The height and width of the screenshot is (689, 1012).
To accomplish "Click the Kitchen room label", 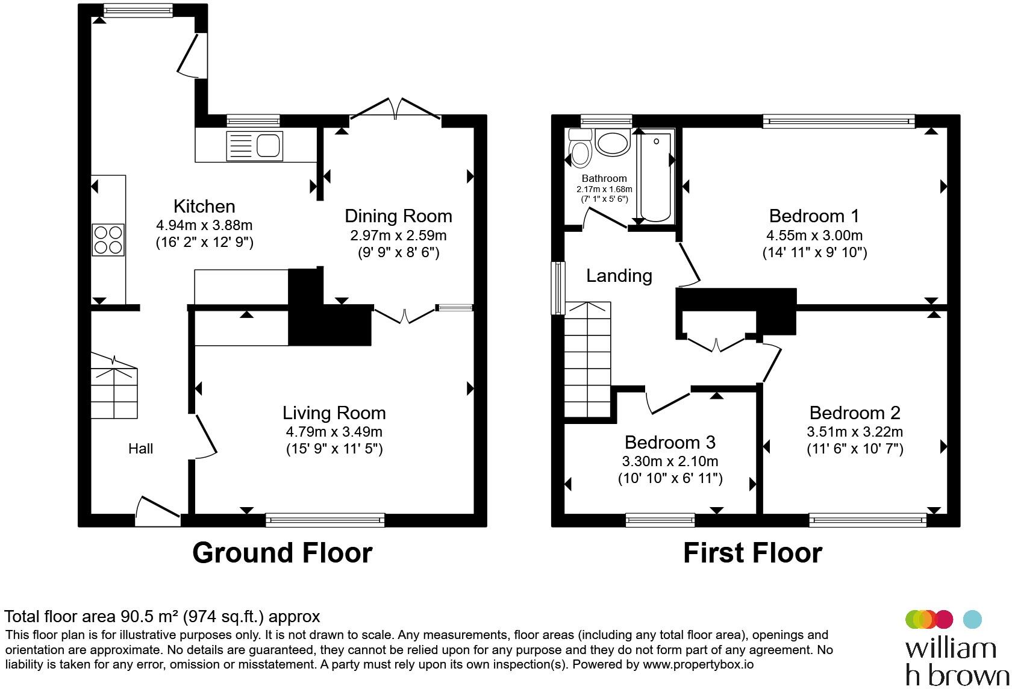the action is pyautogui.click(x=204, y=207).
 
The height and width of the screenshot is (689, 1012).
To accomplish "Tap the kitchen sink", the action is pyautogui.click(x=254, y=146).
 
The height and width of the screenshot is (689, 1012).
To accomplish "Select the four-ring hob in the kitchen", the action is pyautogui.click(x=108, y=240).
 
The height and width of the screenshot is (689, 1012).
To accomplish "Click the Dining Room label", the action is pyautogui.click(x=399, y=216).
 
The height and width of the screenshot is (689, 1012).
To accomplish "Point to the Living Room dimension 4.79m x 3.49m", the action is pyautogui.click(x=334, y=431).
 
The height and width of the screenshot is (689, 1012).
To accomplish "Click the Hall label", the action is pyautogui.click(x=140, y=449).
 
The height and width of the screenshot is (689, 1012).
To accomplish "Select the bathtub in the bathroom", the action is pyautogui.click(x=655, y=176).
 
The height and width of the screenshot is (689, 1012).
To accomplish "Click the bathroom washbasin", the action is pyautogui.click(x=613, y=142).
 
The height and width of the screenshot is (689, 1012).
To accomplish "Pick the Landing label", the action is pyautogui.click(x=619, y=276).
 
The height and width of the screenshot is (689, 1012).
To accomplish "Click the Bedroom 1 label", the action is pyautogui.click(x=814, y=216).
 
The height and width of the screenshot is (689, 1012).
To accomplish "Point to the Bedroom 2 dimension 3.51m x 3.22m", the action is pyautogui.click(x=855, y=431).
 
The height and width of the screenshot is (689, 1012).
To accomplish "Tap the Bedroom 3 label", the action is pyautogui.click(x=670, y=442).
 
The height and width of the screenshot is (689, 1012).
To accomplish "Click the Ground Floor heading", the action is pyautogui.click(x=283, y=552).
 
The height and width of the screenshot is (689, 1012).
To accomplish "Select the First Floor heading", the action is pyautogui.click(x=753, y=552).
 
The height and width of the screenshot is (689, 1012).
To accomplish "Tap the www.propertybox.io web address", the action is pyautogui.click(x=698, y=664).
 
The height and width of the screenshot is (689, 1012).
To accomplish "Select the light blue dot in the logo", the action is pyautogui.click(x=972, y=619).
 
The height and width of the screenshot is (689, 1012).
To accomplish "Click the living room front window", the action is pyautogui.click(x=325, y=520).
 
